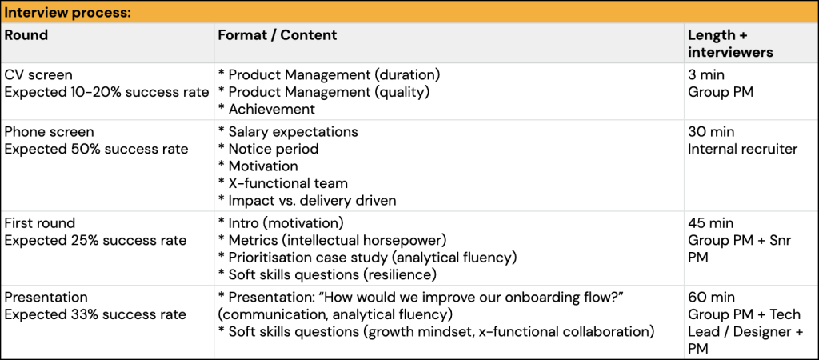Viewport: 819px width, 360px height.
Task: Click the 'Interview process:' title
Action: coord(67,13)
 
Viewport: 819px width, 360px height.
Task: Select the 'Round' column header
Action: coord(26,35)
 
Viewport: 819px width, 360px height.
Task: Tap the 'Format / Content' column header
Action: coord(278,35)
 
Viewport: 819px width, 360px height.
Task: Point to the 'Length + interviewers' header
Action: coord(731,44)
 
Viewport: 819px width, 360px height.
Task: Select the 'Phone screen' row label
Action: coord(49,132)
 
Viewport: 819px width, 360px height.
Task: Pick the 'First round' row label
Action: coord(40,223)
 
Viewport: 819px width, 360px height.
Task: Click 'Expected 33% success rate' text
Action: coord(95,314)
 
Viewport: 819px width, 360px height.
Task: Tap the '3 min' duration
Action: coord(706,74)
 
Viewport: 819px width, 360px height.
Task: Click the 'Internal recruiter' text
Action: coord(743,149)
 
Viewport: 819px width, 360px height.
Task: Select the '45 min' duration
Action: coord(711,223)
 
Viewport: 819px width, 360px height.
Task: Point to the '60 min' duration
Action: coord(711,298)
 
